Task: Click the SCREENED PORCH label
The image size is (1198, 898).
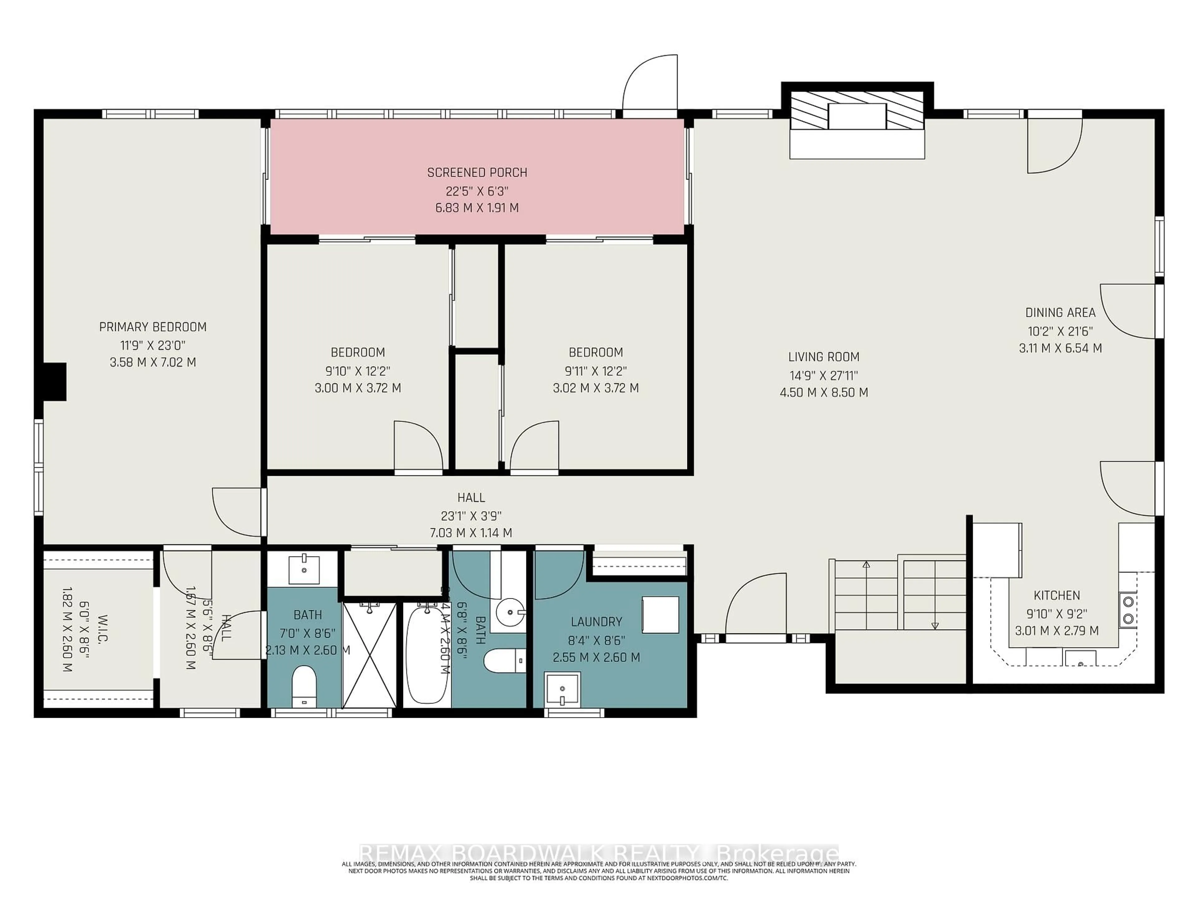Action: tap(477, 173)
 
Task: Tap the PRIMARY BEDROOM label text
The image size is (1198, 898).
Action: tap(153, 327)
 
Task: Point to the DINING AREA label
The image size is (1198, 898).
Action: tap(1060, 312)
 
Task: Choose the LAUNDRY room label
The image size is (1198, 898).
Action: tap(596, 622)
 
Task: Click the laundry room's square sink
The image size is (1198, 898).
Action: tap(562, 688)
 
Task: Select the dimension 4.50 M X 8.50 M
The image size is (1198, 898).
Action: tap(823, 393)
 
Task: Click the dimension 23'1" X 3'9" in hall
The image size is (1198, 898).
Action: tap(471, 515)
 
